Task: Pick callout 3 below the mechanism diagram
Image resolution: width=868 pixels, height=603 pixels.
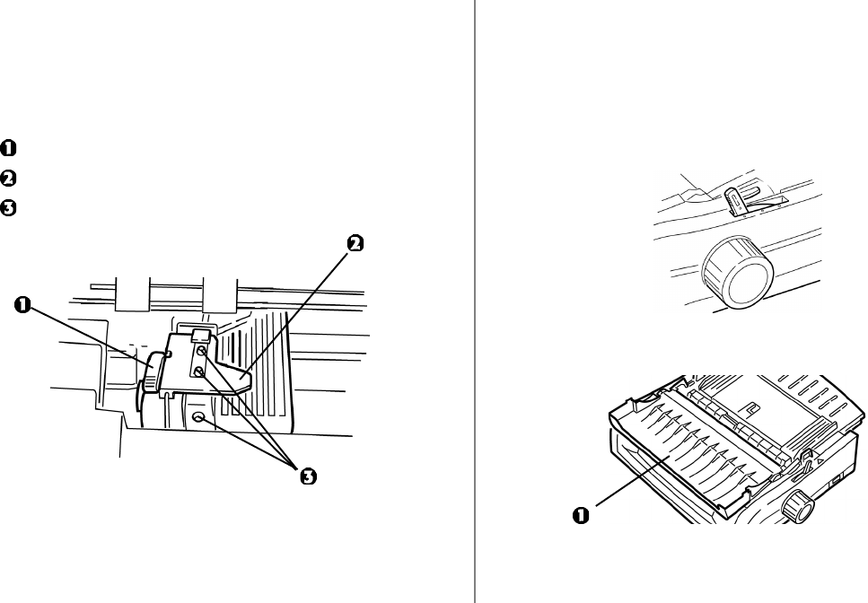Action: pyautogui.click(x=308, y=476)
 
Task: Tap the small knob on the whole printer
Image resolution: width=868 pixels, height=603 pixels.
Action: pyautogui.click(x=796, y=509)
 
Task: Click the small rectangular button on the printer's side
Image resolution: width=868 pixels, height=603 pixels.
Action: pyautogui.click(x=837, y=481)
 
